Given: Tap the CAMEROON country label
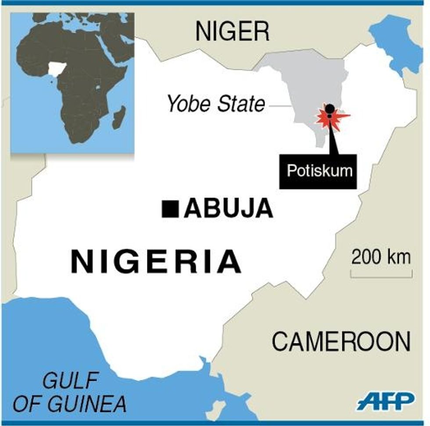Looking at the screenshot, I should click(x=341, y=341).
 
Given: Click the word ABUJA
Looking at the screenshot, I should click(x=228, y=209).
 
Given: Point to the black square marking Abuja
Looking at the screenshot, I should click(x=170, y=209).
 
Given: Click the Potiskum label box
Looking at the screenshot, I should click(x=319, y=170).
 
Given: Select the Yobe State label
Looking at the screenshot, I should click(x=216, y=105).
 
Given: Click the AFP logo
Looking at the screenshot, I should click(x=386, y=401).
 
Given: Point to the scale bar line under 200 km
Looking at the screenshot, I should click(x=381, y=276).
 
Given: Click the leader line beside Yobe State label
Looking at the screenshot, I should click(x=281, y=106).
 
